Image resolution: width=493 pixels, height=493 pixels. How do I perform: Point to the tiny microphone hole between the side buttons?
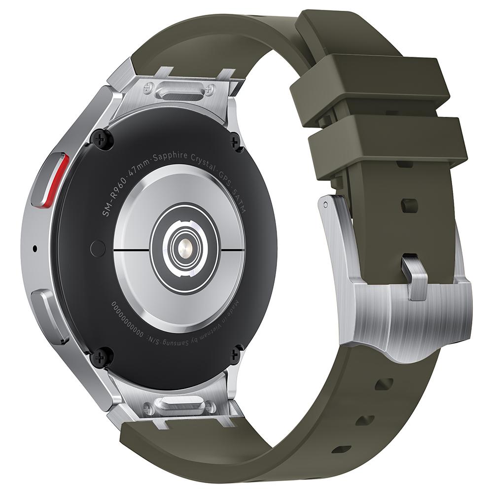click(x=35, y=248)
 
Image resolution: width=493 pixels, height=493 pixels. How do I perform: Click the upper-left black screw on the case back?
click(x=102, y=140)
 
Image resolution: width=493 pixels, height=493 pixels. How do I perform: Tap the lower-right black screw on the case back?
click(x=236, y=353)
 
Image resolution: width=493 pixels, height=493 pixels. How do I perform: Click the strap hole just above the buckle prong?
click(x=409, y=205)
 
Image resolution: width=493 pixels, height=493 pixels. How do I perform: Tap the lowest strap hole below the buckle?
click(x=341, y=449)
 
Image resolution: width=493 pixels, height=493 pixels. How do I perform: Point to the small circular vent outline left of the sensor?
click(x=98, y=248)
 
